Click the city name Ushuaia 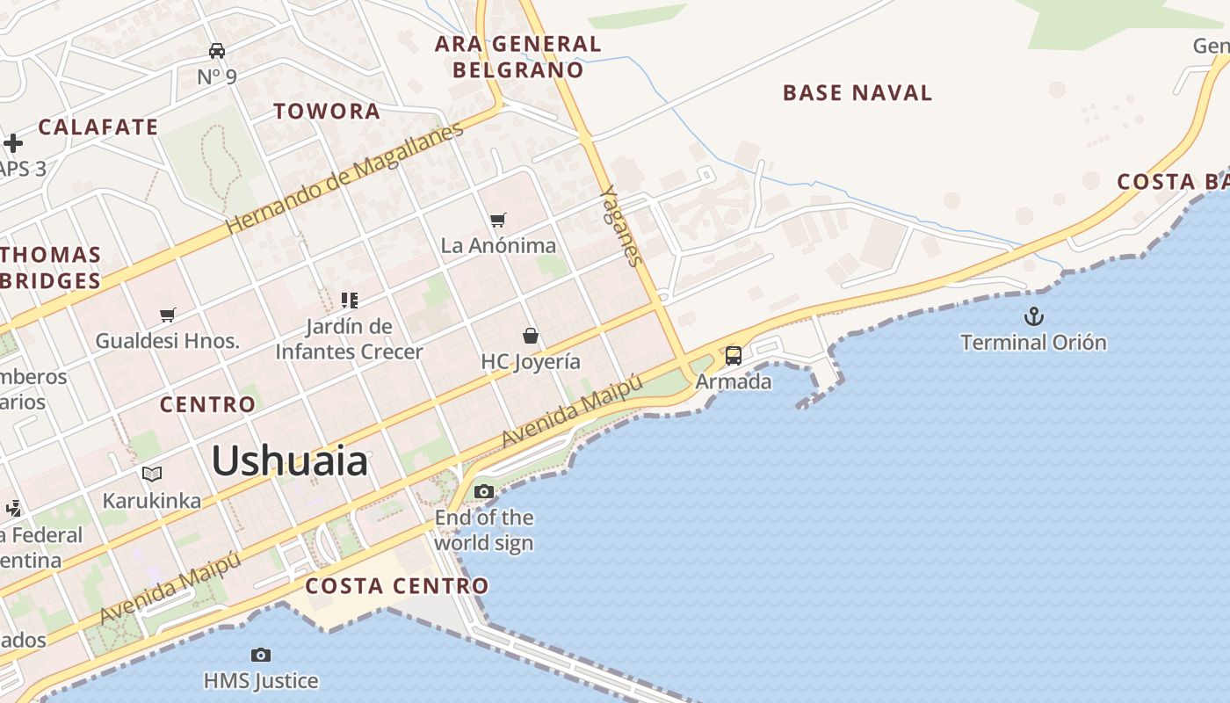[289, 460]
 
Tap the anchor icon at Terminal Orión [1034, 315]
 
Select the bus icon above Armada [733, 356]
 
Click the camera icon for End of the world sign [484, 491]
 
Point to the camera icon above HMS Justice [261, 655]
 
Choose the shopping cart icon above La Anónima [498, 220]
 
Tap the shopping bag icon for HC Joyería [531, 336]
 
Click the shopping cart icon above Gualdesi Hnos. [168, 315]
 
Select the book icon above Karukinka [152, 475]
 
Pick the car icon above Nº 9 [217, 51]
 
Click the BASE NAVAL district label [857, 92]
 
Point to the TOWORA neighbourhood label [327, 111]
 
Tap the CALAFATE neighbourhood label [98, 127]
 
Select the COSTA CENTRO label [397, 585]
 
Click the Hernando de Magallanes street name [344, 178]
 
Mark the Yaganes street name [622, 225]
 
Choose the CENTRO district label [207, 404]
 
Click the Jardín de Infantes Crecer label [350, 339]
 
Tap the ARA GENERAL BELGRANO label [518, 56]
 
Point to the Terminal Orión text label [1033, 342]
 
